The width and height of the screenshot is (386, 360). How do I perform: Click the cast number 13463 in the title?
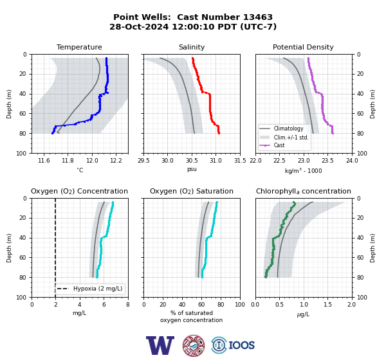click(258, 17)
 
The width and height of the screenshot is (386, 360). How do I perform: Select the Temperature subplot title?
click(79, 47)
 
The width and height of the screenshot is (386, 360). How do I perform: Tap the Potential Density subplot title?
click(303, 47)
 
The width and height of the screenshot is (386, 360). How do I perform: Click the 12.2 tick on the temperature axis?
click(116, 161)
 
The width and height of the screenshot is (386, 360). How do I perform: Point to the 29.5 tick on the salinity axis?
click(143, 161)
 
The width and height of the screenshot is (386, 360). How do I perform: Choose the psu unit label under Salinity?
click(192, 169)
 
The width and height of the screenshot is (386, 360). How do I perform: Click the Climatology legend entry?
click(288, 129)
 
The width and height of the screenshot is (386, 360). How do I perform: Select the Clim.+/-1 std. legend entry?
click(291, 137)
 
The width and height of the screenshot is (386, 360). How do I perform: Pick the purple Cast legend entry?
click(279, 145)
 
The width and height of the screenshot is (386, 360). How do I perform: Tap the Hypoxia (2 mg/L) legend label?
click(98, 289)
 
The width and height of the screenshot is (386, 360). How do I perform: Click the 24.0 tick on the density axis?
click(352, 161)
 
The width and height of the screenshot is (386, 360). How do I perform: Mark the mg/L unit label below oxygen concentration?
click(80, 313)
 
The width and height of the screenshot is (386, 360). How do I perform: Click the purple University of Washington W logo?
click(160, 345)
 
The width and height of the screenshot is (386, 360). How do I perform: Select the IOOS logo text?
click(241, 345)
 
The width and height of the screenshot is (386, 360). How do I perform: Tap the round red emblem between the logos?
click(194, 345)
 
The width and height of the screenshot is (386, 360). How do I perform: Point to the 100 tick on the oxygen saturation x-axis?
click(240, 304)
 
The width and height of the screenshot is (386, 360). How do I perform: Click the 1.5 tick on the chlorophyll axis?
click(327, 304)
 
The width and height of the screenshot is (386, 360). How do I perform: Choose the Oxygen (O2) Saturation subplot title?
click(192, 191)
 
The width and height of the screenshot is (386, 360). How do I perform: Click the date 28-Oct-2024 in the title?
click(139, 26)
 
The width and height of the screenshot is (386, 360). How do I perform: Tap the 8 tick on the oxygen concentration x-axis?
click(128, 304)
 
